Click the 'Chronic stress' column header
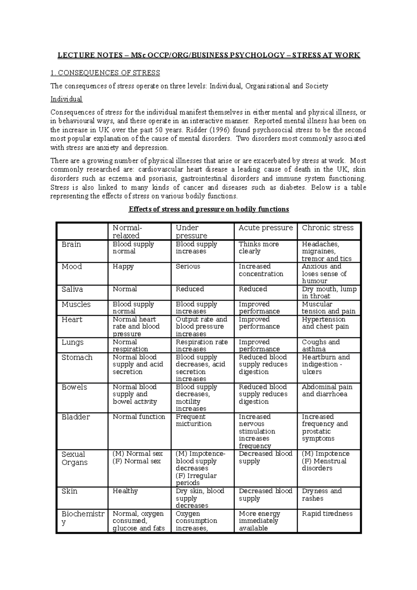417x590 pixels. click(x=327, y=228)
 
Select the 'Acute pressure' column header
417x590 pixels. click(x=265, y=228)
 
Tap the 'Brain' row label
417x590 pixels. click(x=71, y=244)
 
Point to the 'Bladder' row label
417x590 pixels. click(x=76, y=417)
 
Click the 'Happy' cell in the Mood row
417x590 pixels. click(x=123, y=267)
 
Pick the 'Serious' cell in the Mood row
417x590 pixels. click(x=188, y=267)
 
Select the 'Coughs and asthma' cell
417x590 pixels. click(x=320, y=345)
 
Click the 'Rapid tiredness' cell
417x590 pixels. click(x=327, y=514)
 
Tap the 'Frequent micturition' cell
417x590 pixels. click(x=193, y=420)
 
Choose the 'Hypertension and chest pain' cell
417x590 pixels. click(x=325, y=323)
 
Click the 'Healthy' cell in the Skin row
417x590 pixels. click(x=125, y=491)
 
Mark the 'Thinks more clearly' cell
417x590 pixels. click(x=259, y=248)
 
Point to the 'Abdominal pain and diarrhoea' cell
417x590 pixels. click(x=327, y=391)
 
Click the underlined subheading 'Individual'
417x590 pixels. click(x=66, y=99)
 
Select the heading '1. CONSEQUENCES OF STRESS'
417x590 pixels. click(x=105, y=73)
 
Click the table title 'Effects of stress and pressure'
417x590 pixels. click(x=208, y=209)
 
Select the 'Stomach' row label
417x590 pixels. click(x=77, y=358)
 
